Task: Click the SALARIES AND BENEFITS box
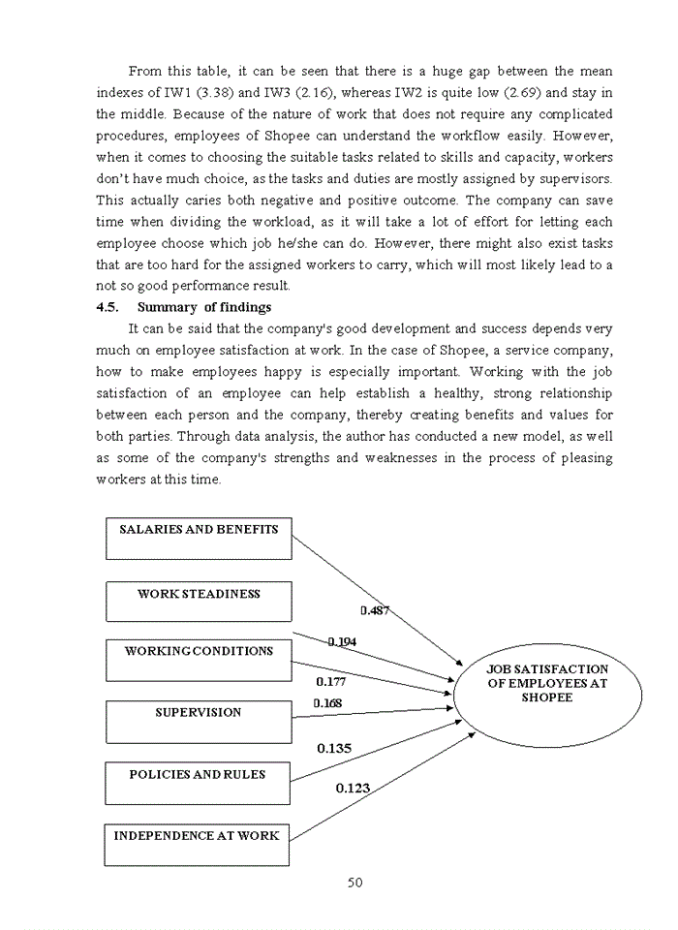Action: tap(199, 539)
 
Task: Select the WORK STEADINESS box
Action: tap(199, 602)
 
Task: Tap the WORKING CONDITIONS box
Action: tap(199, 660)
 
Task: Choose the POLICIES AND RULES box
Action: tap(198, 783)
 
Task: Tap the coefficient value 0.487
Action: tap(376, 610)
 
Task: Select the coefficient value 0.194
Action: tap(342, 641)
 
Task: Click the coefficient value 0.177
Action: tap(331, 682)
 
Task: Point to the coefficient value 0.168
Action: tap(327, 703)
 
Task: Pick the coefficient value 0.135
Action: tap(334, 748)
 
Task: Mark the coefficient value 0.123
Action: tap(353, 789)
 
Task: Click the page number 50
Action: tap(354, 882)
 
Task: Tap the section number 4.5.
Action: tap(107, 308)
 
